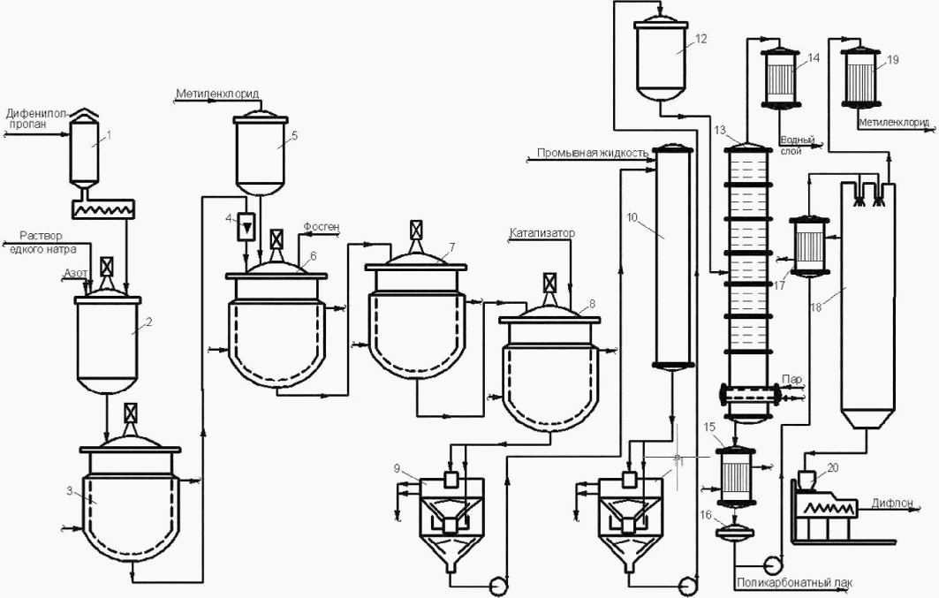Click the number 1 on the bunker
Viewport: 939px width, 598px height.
click(x=109, y=134)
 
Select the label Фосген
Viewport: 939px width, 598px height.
click(x=320, y=225)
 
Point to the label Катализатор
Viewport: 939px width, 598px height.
click(x=541, y=234)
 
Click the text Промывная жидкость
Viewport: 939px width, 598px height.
click(x=593, y=154)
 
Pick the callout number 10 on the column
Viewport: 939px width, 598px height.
click(x=632, y=216)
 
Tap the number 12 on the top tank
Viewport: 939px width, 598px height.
click(x=701, y=39)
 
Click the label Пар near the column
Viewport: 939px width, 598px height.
click(x=792, y=380)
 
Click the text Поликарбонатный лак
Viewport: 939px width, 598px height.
click(x=791, y=582)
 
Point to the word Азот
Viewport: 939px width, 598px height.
click(x=75, y=276)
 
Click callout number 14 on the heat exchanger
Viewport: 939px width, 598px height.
click(x=814, y=57)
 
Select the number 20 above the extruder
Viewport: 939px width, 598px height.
click(x=833, y=466)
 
